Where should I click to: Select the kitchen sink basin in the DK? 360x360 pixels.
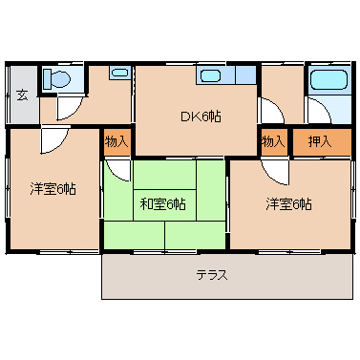(x=210, y=74)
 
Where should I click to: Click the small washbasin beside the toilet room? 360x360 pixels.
(x=118, y=72)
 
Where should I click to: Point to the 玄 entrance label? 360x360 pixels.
(x=21, y=95)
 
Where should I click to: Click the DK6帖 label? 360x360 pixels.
(x=201, y=116)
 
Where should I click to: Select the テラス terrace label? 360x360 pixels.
(x=211, y=275)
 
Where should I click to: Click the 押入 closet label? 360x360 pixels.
(x=320, y=141)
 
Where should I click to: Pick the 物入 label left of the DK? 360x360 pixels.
(x=116, y=141)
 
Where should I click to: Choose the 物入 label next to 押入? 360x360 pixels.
(x=274, y=141)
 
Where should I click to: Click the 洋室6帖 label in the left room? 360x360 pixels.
(x=53, y=188)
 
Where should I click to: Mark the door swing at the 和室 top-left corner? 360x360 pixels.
(x=117, y=170)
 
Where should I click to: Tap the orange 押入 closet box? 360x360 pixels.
(x=320, y=141)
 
